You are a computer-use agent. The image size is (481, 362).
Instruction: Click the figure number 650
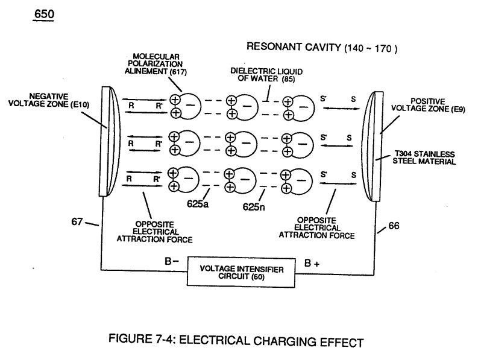pos(44,14)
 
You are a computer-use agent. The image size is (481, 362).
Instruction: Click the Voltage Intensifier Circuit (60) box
pos(241,272)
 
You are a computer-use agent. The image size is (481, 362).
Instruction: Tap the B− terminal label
pos(172,261)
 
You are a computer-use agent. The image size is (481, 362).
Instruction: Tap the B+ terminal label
pos(312,263)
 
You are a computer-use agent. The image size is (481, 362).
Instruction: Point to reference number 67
pos(77,221)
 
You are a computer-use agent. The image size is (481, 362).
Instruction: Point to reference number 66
pos(394,226)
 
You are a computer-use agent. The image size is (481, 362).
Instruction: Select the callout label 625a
pos(198,203)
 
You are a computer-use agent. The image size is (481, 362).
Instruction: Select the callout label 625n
pos(253,206)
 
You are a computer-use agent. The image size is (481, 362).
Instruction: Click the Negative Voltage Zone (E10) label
pos(49,100)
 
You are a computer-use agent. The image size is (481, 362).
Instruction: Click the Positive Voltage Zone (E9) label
pos(428,105)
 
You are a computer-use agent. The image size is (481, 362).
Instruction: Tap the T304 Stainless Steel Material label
pos(424,157)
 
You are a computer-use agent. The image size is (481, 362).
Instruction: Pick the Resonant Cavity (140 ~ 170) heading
pos(322,47)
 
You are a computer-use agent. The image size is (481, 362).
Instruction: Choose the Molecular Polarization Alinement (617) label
pos(156,64)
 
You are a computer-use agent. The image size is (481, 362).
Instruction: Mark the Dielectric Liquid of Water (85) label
pos(266,75)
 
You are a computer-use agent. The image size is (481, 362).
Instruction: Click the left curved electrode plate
pos(110,141)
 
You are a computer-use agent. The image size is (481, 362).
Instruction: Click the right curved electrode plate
pos(372,146)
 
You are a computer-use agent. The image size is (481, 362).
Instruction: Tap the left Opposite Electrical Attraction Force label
pos(154,232)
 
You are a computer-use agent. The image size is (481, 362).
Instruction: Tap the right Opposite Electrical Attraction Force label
pos(316,228)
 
